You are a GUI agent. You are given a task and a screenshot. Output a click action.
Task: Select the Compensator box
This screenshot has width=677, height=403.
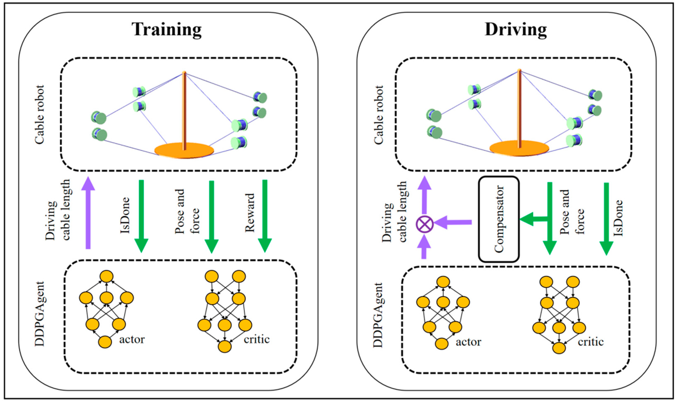click(499, 219)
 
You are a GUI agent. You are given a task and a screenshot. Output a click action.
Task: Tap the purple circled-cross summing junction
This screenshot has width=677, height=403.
click(425, 224)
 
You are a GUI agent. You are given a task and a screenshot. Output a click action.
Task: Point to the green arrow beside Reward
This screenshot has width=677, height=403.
click(265, 216)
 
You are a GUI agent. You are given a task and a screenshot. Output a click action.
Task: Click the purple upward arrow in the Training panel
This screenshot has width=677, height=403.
click(88, 212)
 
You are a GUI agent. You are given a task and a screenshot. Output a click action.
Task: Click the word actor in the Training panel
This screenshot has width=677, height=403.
click(132, 339)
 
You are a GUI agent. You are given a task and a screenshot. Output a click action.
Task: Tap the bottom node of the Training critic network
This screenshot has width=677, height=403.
click(225, 346)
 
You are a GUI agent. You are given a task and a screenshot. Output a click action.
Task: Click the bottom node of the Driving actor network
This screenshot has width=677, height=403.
click(442, 344)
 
